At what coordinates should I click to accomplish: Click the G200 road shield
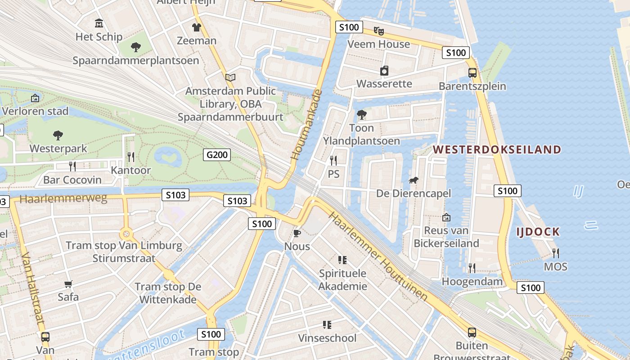216,155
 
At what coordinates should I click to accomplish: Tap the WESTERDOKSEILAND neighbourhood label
497,149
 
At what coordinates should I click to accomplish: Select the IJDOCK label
538,232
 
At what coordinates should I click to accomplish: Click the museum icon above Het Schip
99,23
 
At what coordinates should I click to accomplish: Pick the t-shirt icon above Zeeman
196,27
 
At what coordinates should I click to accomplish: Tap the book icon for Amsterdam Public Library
230,77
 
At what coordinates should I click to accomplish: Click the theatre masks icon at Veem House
379,31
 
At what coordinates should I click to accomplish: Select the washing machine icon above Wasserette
384,71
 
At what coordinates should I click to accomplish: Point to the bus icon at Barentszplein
472,73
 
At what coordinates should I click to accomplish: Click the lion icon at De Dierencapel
413,180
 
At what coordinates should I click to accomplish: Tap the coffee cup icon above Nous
297,233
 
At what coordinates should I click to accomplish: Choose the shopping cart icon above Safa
68,284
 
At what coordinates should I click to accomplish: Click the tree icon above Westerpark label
58,135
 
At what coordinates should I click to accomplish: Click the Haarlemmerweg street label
63,198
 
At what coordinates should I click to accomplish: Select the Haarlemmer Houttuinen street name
378,256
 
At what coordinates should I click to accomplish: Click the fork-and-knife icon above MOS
555,253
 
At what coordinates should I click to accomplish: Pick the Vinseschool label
327,338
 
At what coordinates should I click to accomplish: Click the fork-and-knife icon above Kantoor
131,157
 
